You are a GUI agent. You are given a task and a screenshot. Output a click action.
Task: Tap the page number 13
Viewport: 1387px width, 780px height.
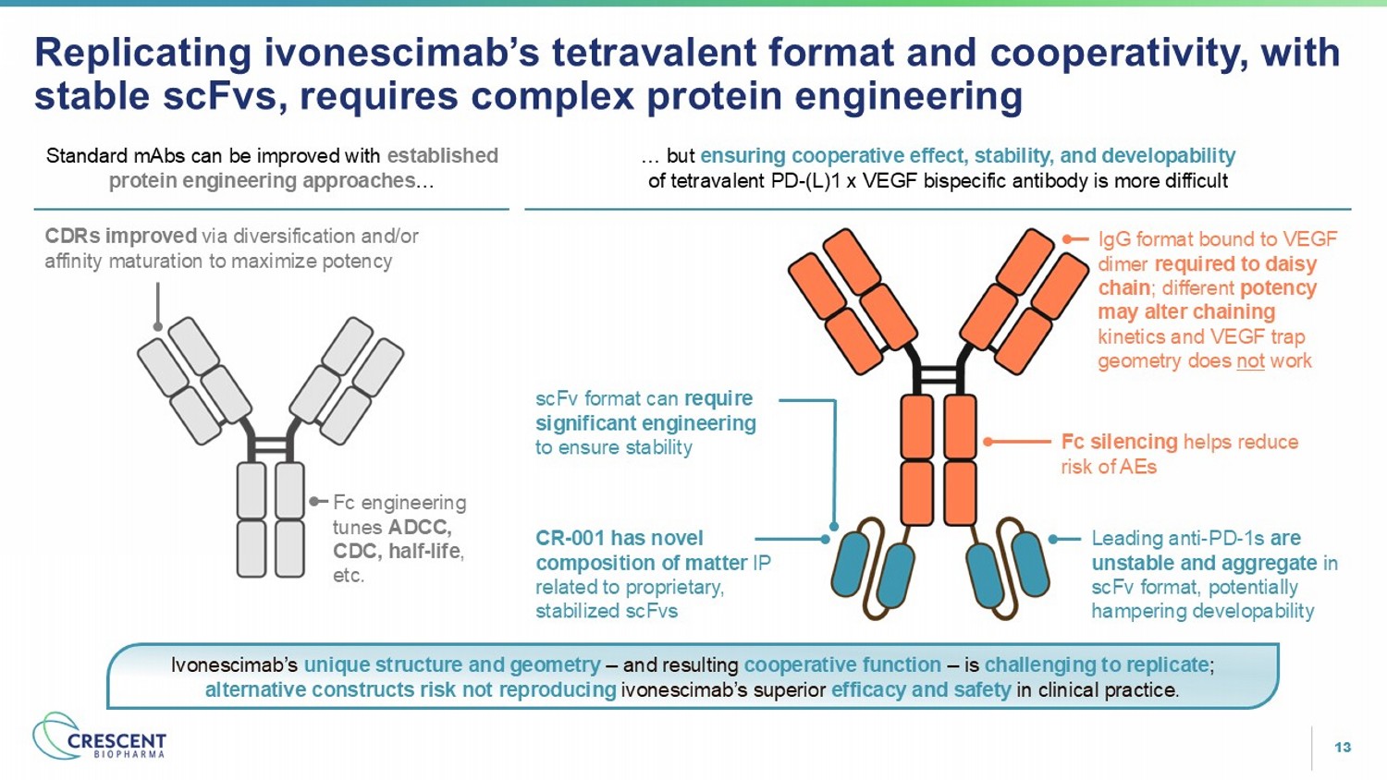[1343, 747]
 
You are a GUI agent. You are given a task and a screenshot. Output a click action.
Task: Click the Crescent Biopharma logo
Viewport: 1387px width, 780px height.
[99, 737]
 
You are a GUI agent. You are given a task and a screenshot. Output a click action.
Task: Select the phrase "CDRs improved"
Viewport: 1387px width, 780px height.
[121, 236]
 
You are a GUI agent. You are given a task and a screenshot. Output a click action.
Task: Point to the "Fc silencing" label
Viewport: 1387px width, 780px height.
[1119, 442]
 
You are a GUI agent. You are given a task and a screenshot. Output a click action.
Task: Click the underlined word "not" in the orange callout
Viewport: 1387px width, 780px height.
[1250, 360]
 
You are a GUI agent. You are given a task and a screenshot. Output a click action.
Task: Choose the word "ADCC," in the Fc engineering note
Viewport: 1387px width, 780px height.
[420, 528]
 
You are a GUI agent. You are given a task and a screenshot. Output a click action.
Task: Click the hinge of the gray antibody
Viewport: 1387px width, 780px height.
[271, 445]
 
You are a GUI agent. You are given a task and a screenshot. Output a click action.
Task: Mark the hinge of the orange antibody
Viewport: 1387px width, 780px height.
[939, 374]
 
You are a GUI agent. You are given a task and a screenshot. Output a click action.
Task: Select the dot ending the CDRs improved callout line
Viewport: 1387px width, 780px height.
[158, 326]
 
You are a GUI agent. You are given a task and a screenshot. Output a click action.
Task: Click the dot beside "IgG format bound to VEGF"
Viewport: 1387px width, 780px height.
[1067, 239]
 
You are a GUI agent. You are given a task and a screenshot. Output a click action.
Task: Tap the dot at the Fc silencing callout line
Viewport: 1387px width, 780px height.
[988, 442]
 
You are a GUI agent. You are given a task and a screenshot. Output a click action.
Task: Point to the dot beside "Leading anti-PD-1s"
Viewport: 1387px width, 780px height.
[1052, 539]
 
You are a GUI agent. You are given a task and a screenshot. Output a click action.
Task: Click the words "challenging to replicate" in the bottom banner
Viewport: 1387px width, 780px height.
[1096, 664]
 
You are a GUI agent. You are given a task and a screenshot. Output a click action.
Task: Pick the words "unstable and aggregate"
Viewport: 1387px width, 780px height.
[1204, 563]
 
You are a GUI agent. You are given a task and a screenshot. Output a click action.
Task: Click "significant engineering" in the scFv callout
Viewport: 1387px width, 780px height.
[645, 423]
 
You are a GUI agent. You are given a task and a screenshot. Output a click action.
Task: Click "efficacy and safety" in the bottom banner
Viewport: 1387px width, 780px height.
[921, 689]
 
